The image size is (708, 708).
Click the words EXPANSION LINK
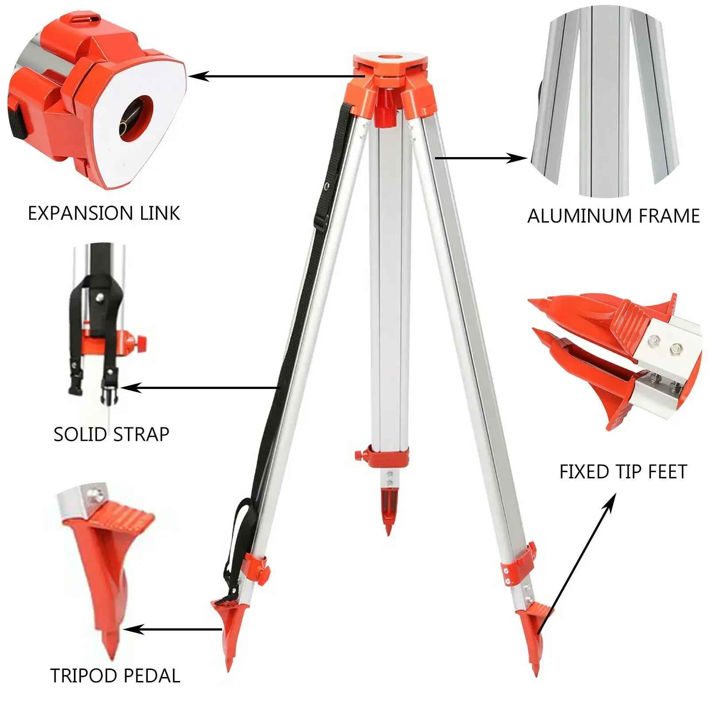(x=104, y=213)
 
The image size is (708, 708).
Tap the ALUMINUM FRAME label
(x=613, y=216)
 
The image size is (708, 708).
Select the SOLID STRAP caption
(x=112, y=434)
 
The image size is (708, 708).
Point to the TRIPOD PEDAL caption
(x=115, y=676)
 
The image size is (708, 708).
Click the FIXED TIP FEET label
(x=623, y=472)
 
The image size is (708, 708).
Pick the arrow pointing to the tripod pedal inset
(x=173, y=629)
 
